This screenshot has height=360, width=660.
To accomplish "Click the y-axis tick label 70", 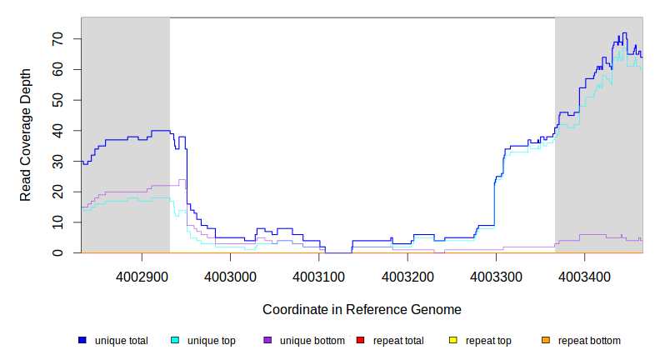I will pos(58,39).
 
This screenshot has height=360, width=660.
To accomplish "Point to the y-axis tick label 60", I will pos(58,70).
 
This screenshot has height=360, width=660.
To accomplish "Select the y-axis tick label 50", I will pos(58,100).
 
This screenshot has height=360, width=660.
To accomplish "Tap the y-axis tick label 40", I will pos(58,131).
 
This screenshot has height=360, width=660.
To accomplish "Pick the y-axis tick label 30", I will pos(58,161).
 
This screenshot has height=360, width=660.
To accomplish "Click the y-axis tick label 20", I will pos(58,192).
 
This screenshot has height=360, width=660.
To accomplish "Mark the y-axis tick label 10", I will pos(58,222).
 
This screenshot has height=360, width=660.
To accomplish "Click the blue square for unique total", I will pos(82,340).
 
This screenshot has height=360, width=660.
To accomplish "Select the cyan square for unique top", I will pos(175,340).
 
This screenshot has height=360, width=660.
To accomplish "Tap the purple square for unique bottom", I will pos(267,340).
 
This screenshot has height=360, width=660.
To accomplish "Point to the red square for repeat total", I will pos(360,340).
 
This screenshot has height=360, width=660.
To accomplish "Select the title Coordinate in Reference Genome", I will pos(362,309).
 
